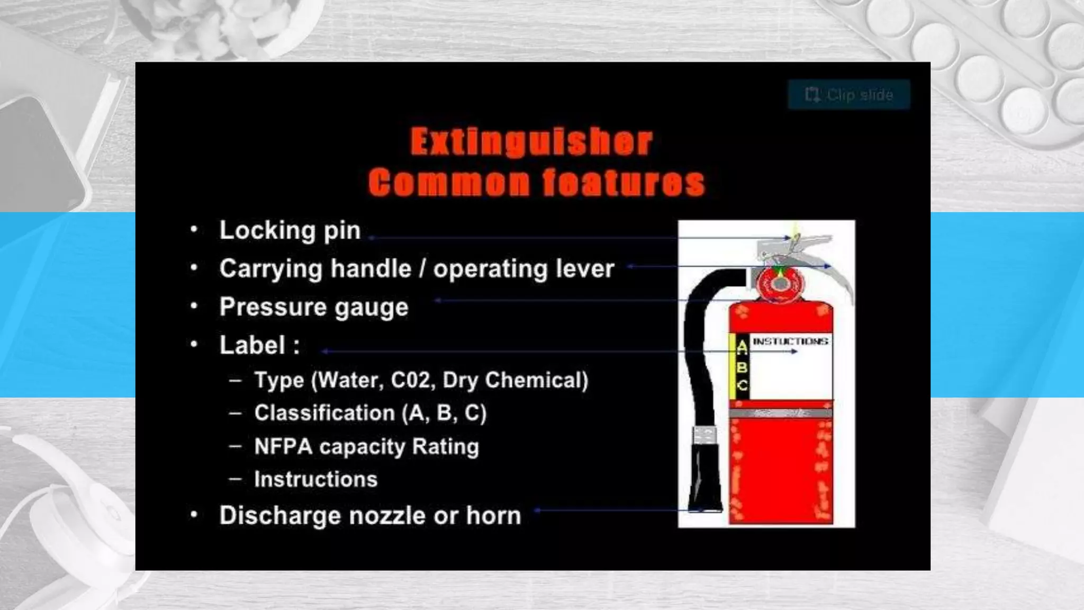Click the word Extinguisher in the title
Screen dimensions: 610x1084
[x=531, y=142]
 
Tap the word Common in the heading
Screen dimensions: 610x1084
[x=449, y=183]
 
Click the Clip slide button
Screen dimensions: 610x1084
[x=848, y=95]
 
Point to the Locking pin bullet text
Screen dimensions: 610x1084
[x=290, y=230]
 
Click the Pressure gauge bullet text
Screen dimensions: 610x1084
[x=314, y=307]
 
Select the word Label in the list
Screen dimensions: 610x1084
[x=252, y=345]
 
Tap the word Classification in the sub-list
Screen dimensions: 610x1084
[x=324, y=413]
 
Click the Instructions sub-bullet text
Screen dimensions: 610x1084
[x=315, y=479]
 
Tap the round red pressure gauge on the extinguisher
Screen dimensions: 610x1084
[x=780, y=284]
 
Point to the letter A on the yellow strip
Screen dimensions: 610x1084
[x=742, y=347]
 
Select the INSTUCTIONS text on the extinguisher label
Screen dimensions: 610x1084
[x=790, y=342]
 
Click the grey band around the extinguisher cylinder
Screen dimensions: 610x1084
[x=780, y=412]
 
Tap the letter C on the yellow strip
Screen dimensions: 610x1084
[x=742, y=385]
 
